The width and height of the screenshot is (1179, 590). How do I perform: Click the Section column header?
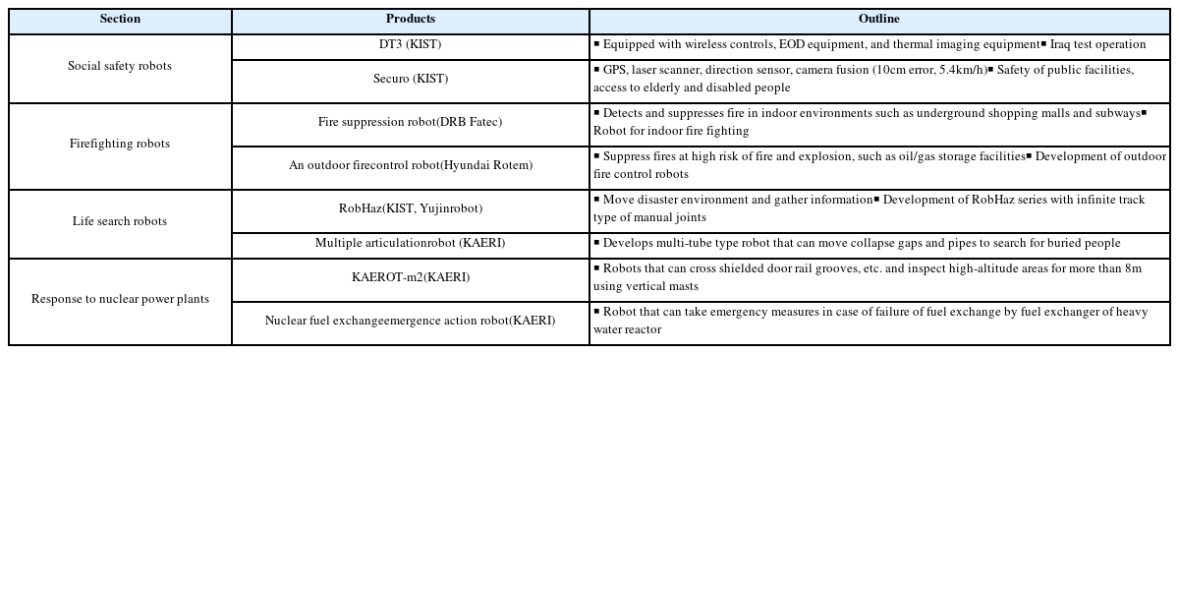tap(120, 20)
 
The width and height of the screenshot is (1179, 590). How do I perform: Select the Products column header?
tap(410, 20)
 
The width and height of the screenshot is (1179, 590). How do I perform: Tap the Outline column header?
tap(878, 20)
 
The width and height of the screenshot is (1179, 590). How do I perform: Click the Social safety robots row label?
tap(120, 67)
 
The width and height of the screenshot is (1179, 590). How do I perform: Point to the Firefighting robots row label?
tap(120, 145)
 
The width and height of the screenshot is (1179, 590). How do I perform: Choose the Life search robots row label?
tap(120, 222)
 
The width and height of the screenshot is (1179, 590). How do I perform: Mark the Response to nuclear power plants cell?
tap(120, 300)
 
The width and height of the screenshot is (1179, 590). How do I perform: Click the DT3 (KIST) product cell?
tap(410, 45)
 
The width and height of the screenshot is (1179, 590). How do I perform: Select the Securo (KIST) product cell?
tap(410, 80)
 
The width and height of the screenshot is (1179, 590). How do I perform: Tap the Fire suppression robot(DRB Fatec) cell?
tap(410, 123)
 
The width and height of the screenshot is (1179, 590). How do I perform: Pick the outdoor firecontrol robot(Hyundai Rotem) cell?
tap(410, 166)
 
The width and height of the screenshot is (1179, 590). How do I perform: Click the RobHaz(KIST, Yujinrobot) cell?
tap(410, 209)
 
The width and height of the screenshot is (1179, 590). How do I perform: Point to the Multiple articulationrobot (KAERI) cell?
tap(410, 244)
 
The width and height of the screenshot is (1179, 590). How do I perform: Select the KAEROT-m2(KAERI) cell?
tap(410, 278)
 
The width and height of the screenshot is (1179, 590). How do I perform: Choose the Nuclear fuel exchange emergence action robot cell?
tap(410, 322)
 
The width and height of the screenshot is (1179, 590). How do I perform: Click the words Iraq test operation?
tap(1097, 45)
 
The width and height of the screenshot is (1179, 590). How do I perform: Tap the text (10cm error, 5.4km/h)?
tap(929, 71)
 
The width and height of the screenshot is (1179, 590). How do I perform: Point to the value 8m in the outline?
tap(1133, 269)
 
